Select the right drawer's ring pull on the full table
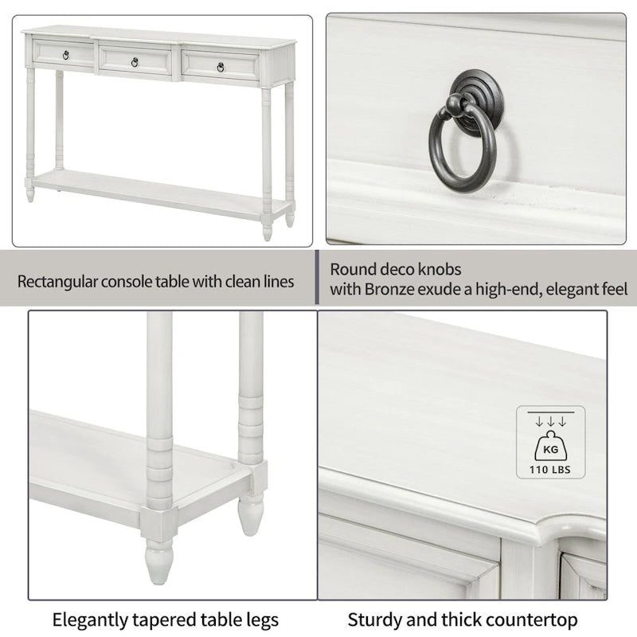(221, 67)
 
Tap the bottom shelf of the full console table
(159, 194)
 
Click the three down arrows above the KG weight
(550, 420)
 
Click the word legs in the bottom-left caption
(260, 619)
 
